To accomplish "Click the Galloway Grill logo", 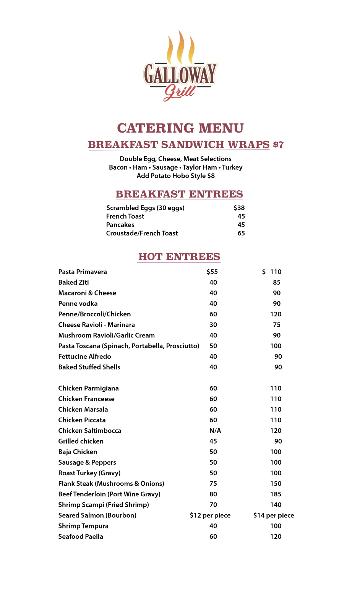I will pos(180,67).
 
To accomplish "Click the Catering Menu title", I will pos(180,128).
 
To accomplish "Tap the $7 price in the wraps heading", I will pos(278,145).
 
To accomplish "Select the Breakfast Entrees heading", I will pos(179,194).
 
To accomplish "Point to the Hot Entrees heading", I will pos(179,257).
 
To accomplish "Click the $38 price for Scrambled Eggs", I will pos(239,208).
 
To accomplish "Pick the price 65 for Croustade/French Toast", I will pos(241,233).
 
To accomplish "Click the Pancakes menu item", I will pos(120,225).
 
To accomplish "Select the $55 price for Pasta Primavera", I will pos(212,272).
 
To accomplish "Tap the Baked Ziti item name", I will pos(73,282).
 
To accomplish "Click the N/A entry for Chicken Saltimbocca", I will pos(215,431).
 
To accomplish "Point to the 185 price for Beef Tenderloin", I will pos(276,494).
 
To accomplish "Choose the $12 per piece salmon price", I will pos(210,515).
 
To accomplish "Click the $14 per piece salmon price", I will pos(274,515).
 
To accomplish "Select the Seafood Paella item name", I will pos(81,536).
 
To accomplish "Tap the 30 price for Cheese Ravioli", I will pos(213,325).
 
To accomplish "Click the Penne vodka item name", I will pos(78,303).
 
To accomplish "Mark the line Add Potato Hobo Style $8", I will pos(176,176).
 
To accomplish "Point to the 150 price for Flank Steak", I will pos(276,484).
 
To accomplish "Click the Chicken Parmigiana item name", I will pos(88,388).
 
